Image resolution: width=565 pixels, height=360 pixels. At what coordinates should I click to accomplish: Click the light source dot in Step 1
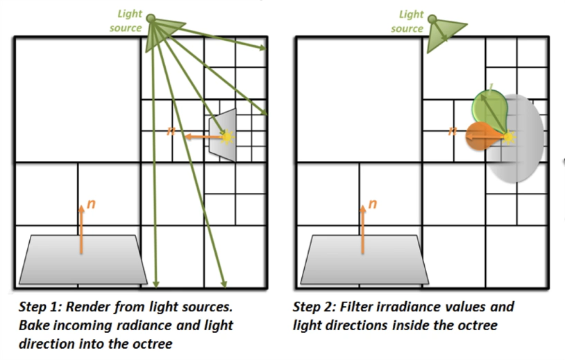151,18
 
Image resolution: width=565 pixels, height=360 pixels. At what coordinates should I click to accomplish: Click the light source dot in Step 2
432,19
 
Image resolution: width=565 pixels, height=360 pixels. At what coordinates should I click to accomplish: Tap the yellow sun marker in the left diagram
227,137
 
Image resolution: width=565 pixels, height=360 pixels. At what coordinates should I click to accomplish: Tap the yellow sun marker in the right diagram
508,137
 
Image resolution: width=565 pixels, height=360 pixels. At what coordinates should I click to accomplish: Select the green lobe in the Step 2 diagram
491,110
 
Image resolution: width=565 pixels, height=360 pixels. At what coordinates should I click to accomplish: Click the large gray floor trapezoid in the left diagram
83,259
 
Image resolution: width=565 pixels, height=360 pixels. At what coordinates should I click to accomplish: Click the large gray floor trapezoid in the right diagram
364,259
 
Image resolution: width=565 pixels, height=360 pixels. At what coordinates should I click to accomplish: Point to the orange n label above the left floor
91,204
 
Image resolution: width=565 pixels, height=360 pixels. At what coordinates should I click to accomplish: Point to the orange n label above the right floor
373,204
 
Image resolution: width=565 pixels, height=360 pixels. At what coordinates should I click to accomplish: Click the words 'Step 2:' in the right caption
314,307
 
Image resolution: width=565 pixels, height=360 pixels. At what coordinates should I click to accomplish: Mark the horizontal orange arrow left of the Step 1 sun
203,137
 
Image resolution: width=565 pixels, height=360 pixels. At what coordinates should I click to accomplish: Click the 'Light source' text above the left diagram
126,21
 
